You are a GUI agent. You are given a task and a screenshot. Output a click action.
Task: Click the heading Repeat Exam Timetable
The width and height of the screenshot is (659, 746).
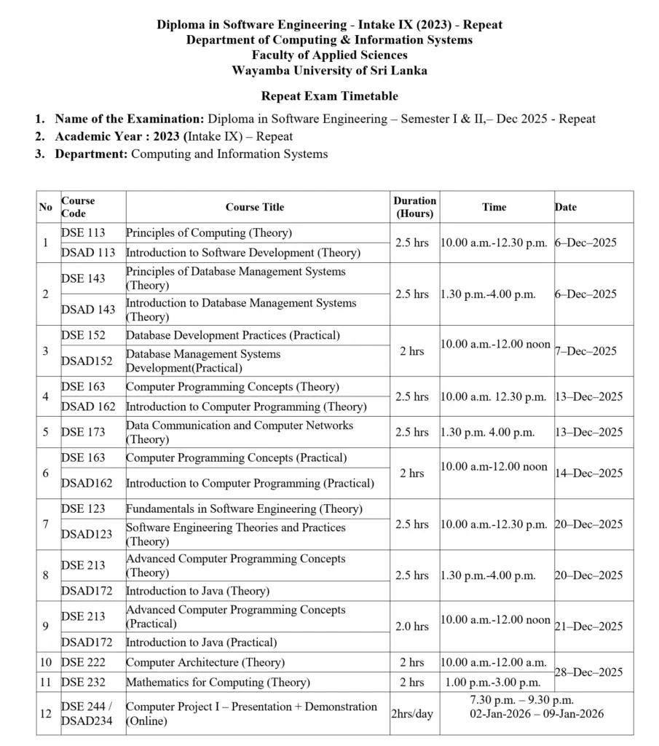click(329, 96)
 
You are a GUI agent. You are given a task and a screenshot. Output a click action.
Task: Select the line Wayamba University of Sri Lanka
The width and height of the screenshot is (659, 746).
click(329, 71)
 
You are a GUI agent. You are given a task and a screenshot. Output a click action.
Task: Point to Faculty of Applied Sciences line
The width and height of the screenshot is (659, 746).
click(329, 55)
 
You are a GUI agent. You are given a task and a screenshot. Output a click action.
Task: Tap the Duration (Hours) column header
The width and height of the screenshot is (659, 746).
click(414, 207)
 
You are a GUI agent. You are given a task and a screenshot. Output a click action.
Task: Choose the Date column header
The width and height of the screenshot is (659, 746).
click(566, 207)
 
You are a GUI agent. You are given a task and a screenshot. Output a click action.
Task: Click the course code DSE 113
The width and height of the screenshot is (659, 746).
click(83, 233)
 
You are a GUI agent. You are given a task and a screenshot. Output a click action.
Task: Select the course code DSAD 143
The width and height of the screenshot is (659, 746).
click(88, 309)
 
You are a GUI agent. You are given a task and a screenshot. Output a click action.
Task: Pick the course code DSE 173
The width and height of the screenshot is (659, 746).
click(83, 432)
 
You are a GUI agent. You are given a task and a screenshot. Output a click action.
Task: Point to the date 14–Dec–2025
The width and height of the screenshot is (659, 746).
click(588, 473)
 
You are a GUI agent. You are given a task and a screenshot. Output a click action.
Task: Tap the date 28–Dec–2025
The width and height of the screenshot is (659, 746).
click(588, 672)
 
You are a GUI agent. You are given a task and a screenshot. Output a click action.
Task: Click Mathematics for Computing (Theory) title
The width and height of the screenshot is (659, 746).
click(218, 683)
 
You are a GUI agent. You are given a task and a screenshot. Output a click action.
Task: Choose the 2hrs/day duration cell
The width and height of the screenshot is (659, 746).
click(412, 713)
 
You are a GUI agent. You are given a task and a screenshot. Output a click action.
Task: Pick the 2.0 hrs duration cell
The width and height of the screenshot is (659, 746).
click(412, 627)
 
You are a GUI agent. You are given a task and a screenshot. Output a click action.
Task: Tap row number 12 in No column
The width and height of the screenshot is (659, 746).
click(45, 713)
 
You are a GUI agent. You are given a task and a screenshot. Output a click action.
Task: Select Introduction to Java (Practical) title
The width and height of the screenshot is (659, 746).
click(202, 643)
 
